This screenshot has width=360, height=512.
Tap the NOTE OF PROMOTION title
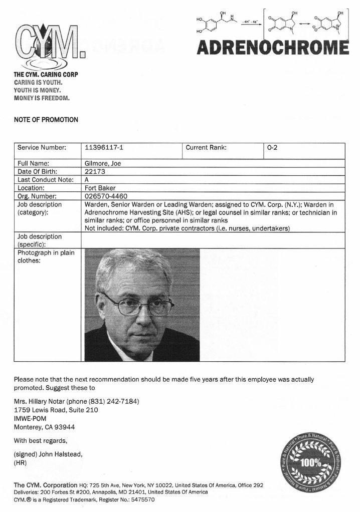[46, 120]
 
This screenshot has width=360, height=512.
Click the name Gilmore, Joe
[103, 163]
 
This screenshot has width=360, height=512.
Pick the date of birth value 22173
[95, 171]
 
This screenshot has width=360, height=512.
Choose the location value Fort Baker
[100, 188]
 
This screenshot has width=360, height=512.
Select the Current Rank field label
[206, 148]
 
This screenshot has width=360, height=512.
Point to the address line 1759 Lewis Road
[56, 410]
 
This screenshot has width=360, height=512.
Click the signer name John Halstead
[61, 454]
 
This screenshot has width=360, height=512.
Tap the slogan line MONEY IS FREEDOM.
[42, 98]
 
